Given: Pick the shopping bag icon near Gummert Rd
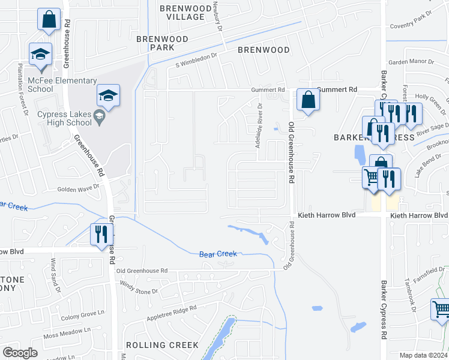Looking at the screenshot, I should (x=308, y=101).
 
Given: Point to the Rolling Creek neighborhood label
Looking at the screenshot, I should (x=162, y=345).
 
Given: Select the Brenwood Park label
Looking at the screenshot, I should (x=162, y=43).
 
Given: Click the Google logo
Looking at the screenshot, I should (x=20, y=353).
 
